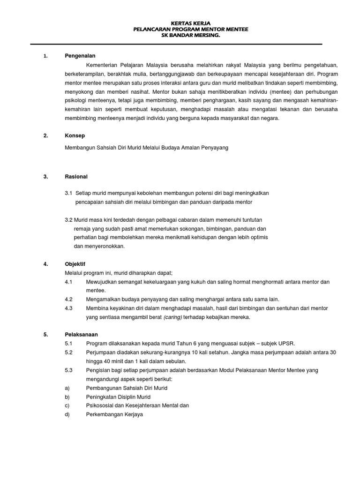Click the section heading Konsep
tap(75, 135)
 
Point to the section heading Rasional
tap(76, 177)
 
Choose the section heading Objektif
tap(75, 264)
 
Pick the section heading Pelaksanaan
tap(82, 334)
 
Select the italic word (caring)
tap(172, 317)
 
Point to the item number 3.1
tap(69, 193)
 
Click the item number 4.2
tap(69, 299)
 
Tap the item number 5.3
tap(69, 370)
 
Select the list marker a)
tap(67, 388)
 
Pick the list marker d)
tap(67, 415)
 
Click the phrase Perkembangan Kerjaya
tap(114, 415)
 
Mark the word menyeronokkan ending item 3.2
tap(99, 246)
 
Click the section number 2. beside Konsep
tap(45, 135)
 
